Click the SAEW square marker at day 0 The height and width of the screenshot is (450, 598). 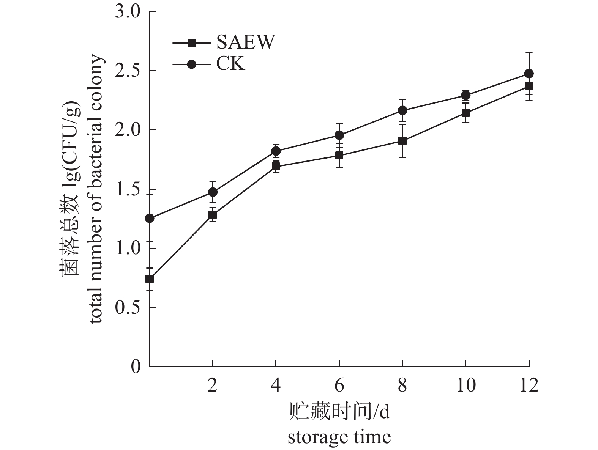click(150, 279)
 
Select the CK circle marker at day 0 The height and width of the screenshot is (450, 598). click(150, 218)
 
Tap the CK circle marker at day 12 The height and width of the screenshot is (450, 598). click(529, 73)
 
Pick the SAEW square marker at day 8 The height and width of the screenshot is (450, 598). click(402, 141)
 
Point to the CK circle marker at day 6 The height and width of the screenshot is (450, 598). click(339, 135)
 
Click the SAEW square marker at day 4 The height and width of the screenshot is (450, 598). click(276, 166)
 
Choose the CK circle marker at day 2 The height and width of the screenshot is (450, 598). click(213, 192)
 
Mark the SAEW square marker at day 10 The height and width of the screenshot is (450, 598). click(465, 113)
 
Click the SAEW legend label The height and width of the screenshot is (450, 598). click(245, 42)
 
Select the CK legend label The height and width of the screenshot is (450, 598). click(230, 64)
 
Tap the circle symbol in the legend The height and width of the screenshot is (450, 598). click(192, 64)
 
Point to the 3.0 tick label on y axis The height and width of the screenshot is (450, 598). click(128, 12)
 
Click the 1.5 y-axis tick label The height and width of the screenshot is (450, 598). click(128, 189)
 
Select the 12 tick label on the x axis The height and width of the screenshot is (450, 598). click(529, 385)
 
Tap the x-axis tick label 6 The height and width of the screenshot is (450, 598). click(339, 385)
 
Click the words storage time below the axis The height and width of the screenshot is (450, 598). click(339, 437)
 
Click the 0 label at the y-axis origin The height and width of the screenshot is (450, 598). click(136, 367)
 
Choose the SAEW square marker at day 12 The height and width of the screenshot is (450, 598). click(529, 86)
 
